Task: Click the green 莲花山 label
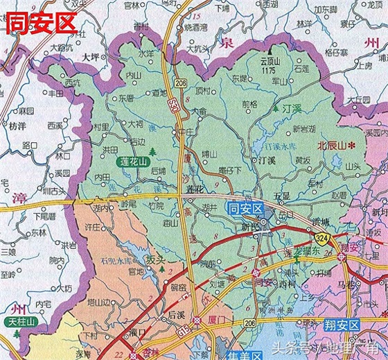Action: (x=132, y=162)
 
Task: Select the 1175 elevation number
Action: (x=270, y=71)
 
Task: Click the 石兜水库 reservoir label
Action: (x=115, y=261)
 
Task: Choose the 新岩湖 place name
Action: (x=303, y=129)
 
